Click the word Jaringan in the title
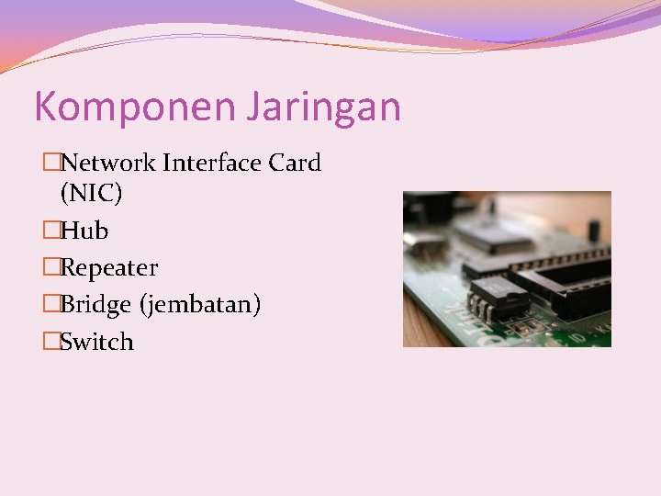pyautogui.click(x=322, y=107)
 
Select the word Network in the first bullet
pyautogui.click(x=108, y=163)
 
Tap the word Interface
pyautogui.click(x=212, y=163)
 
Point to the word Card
pyautogui.click(x=295, y=163)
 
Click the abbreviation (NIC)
pyautogui.click(x=91, y=194)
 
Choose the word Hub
pyautogui.click(x=84, y=231)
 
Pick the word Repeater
pyautogui.click(x=108, y=268)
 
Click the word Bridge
pyautogui.click(x=96, y=304)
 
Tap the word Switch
pyautogui.click(x=96, y=342)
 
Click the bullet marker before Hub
pyautogui.click(x=51, y=231)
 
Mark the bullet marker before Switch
pyautogui.click(x=51, y=342)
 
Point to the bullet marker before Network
pyautogui.click(x=51, y=163)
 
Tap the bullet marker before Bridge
pyautogui.click(x=51, y=304)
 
